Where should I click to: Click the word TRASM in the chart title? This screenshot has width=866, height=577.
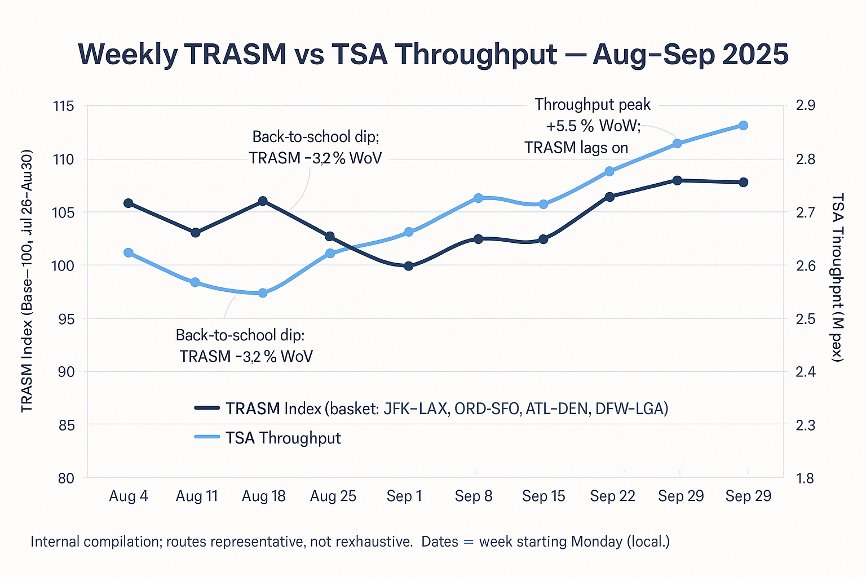pos(235,55)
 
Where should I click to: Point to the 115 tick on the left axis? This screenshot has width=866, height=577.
pos(63,106)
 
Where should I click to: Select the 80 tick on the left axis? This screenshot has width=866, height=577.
pos(65,478)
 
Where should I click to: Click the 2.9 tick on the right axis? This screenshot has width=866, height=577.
pos(805,106)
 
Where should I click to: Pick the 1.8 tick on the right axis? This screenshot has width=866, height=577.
pos(805,478)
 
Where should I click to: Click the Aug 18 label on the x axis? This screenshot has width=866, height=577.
pos(263,496)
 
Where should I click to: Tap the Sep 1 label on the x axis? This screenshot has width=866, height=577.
pos(404,496)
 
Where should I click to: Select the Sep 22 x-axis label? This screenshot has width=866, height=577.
pos(612,496)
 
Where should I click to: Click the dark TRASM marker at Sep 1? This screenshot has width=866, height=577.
pos(409,265)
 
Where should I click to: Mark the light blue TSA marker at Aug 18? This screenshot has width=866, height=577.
pos(263,292)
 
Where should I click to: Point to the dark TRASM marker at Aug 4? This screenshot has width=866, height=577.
pos(128,203)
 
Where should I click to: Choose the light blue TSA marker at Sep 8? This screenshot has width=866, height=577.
pos(478,198)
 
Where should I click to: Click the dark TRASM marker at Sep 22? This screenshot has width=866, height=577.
pos(609,197)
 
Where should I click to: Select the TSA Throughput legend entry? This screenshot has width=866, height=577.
pos(283,438)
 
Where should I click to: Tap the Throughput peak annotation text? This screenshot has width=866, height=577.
pos(592,105)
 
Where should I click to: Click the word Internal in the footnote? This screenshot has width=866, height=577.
pos(55,542)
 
